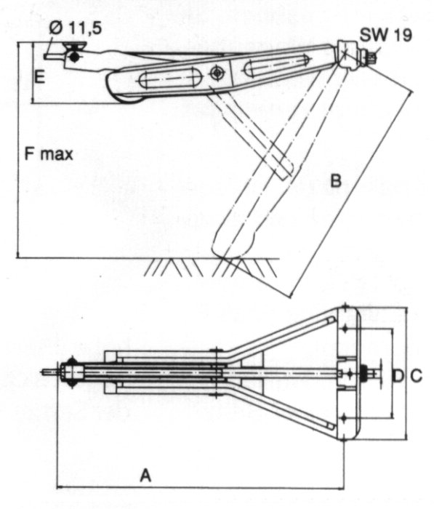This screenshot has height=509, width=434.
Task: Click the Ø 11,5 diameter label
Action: (76, 28)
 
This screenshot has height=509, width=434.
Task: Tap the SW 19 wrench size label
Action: (386, 34)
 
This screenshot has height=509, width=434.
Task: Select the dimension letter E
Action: (39, 77)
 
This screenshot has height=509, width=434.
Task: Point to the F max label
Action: (49, 154)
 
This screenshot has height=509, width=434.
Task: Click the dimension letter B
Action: (336, 180)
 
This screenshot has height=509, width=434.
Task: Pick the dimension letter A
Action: (145, 476)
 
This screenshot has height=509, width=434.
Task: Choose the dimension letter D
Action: (398, 376)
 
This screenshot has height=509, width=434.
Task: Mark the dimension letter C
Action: (416, 376)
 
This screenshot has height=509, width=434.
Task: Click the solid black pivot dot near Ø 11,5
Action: (75, 57)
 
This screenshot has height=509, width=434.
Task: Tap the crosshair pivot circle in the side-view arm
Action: (217, 73)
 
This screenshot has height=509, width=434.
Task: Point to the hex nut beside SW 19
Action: (371, 58)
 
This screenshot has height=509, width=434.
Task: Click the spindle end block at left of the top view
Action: (71, 372)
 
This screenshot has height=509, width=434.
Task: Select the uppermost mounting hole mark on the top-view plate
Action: (345, 306)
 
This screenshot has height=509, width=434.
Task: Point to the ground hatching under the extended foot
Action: (211, 267)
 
